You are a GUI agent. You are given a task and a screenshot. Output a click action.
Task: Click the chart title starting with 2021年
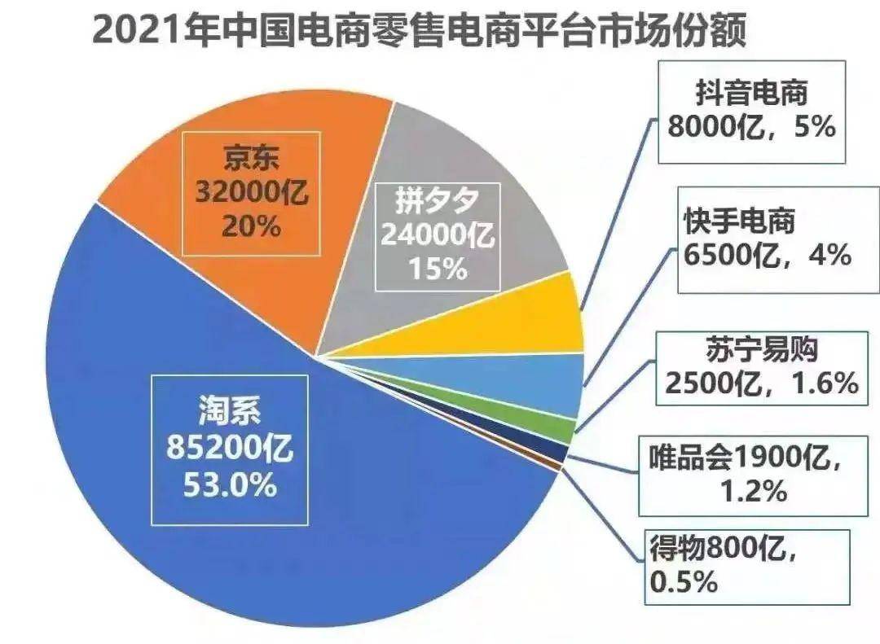pos(419,33)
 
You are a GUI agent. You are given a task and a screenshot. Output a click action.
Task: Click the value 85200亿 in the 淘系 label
pos(231,449)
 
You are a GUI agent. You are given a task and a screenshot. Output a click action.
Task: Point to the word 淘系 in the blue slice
pos(231,412)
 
